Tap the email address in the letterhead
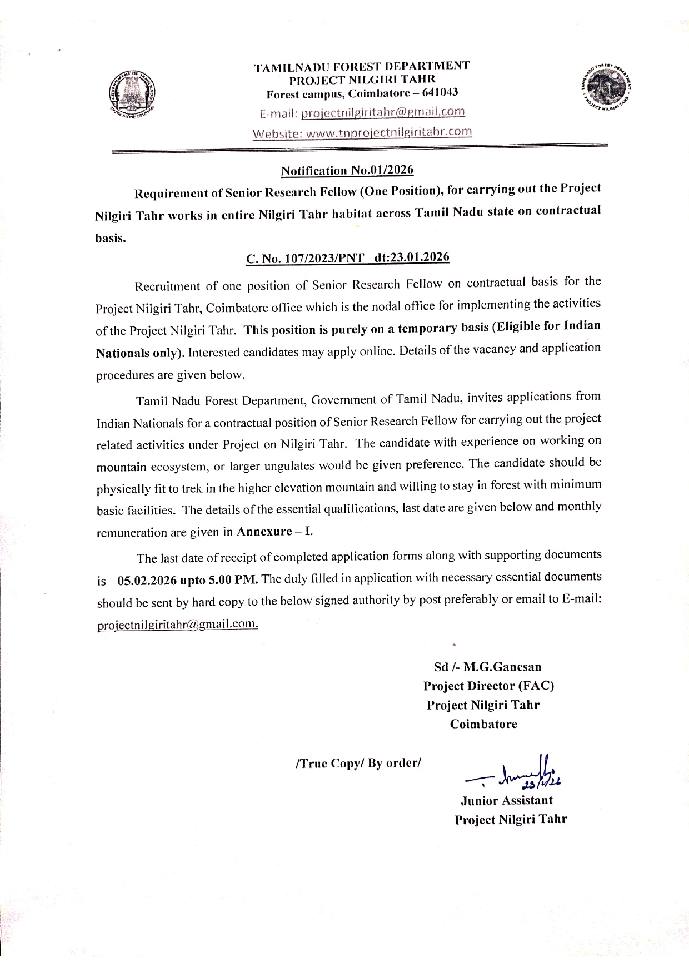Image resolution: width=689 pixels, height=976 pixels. [382, 112]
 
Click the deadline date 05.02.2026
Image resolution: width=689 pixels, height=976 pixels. [148, 580]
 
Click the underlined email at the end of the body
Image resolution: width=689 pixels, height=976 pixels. [177, 625]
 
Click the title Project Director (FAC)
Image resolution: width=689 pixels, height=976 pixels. [488, 686]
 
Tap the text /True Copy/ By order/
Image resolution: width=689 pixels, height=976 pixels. [360, 763]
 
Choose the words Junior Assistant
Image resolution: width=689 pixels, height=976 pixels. [506, 800]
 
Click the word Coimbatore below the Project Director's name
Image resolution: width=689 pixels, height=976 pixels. [483, 724]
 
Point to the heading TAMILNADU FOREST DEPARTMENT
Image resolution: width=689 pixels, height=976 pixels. [362, 66]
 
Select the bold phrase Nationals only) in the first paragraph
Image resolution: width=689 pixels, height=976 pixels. [140, 353]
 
